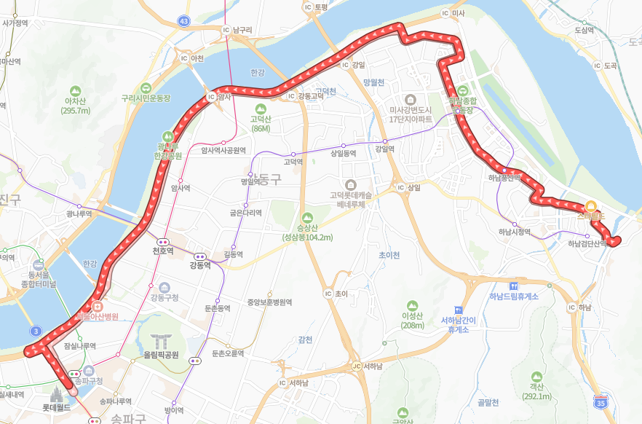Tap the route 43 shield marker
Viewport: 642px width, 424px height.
[183, 21]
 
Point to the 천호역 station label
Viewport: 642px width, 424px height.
[162, 251]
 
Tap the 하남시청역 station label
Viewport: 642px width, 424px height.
[515, 232]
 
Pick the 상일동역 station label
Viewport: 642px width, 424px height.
[343, 153]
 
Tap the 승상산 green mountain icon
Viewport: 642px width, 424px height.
[307, 217]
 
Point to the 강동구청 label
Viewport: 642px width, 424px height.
[164, 297]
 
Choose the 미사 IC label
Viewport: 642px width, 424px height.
[474, 13]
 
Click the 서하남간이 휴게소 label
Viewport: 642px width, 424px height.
[458, 324]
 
